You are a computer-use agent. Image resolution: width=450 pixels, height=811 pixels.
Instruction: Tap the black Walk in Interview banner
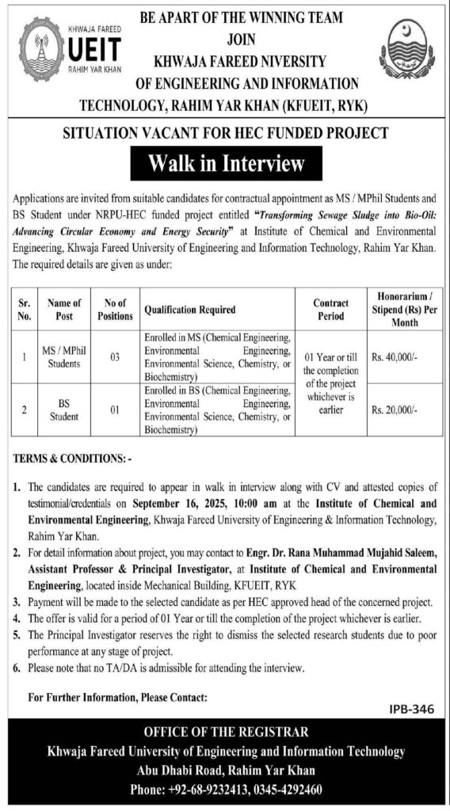click(224, 164)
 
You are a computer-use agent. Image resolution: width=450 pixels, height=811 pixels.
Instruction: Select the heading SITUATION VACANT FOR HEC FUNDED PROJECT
click(224, 132)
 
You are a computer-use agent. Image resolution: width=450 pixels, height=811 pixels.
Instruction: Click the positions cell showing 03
click(115, 358)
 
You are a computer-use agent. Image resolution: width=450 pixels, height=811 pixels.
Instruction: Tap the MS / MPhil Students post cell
click(64, 358)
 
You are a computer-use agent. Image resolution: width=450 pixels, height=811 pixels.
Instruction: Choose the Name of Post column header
click(64, 310)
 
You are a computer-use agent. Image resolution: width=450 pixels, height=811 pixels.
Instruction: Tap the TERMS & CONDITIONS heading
click(71, 459)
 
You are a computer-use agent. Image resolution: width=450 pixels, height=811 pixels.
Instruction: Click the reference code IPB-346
click(413, 710)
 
